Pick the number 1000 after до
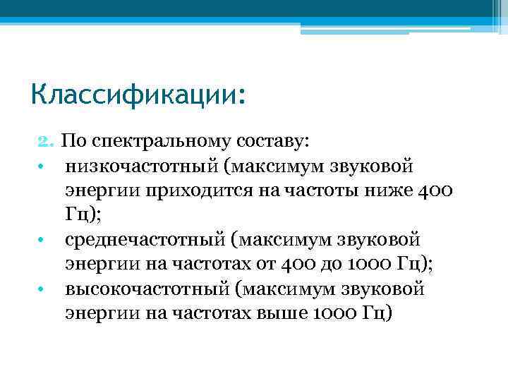tap(368, 264)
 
